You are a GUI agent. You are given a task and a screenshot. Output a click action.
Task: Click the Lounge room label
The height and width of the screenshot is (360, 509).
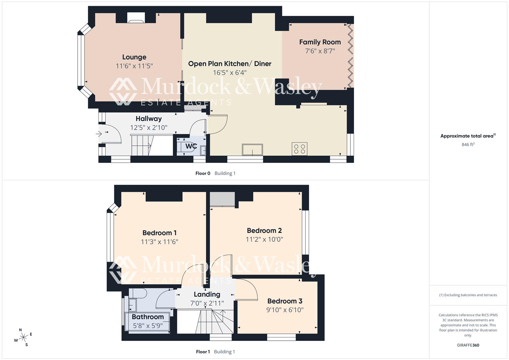(134, 57)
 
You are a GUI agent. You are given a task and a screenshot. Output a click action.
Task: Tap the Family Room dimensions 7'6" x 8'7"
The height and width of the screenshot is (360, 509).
(320, 51)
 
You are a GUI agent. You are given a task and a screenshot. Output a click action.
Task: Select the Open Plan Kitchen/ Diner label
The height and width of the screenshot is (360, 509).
(230, 64)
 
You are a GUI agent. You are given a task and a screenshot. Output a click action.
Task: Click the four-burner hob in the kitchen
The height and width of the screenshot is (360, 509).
(299, 149)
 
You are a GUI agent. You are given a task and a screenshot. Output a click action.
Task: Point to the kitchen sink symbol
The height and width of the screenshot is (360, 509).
(252, 150)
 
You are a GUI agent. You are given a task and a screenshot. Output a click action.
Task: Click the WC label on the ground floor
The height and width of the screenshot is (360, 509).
(191, 146)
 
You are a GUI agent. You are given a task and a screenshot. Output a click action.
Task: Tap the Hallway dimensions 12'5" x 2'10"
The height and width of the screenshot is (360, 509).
(149, 127)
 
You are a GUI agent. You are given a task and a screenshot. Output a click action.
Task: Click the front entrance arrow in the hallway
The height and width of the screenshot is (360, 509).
(99, 134)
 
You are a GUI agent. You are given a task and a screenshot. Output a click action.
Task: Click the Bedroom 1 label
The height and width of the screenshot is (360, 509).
(159, 233)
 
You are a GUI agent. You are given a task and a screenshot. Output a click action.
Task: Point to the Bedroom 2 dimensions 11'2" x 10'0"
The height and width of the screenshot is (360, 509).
(264, 239)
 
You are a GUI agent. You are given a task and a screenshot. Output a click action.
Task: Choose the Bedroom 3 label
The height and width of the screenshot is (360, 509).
(285, 301)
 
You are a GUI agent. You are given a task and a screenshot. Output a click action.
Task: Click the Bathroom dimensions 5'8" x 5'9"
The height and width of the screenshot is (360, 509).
(148, 326)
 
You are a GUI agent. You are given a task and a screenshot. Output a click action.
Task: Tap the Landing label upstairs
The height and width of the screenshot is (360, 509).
(207, 294)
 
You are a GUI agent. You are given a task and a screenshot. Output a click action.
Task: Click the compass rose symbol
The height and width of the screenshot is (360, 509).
(23, 337)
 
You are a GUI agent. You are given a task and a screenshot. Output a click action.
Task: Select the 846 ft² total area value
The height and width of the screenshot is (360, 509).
(468, 144)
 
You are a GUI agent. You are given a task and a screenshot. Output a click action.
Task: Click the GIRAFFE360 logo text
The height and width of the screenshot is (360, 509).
(468, 345)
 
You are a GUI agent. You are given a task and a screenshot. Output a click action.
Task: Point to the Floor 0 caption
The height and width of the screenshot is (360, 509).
(203, 173)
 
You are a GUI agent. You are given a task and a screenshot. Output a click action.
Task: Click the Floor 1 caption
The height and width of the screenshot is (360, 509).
(203, 352)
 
